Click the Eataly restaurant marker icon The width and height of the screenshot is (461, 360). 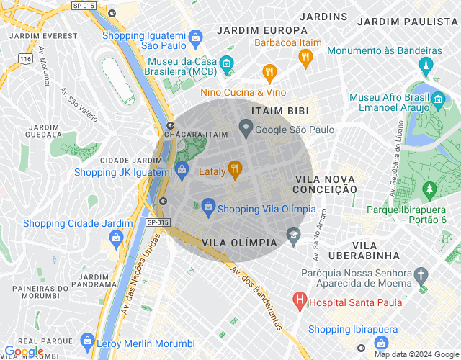[234, 170]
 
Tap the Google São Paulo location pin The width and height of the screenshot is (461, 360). [246, 130]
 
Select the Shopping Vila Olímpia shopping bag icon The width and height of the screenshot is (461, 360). [208, 207]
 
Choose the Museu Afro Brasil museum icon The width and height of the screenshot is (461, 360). [439, 99]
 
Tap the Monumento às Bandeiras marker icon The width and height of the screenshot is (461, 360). [425, 66]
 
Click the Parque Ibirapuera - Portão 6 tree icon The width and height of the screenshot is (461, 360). [430, 190]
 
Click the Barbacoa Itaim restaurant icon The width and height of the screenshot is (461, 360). [305, 56]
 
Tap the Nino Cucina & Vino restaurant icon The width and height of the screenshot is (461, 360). [269, 72]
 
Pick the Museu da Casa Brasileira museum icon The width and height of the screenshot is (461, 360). [226, 63]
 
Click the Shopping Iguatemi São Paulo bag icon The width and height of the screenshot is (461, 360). [194, 36]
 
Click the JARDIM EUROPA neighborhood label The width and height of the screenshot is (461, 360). [252, 30]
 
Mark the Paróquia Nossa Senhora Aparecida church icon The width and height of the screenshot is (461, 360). [421, 275]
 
